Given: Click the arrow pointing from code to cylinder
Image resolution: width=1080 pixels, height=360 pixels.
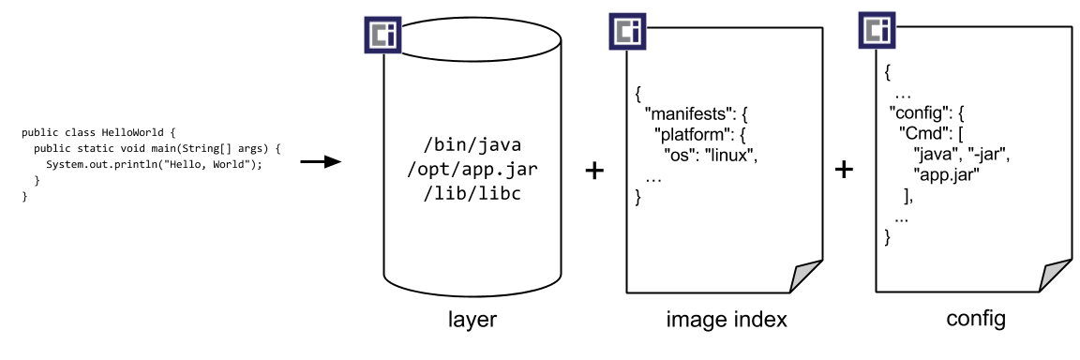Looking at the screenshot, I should coord(320,163).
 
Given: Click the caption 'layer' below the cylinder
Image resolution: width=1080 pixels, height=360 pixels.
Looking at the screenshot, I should coord(472,321).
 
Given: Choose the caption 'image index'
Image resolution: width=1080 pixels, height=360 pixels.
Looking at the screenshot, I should coord(727,321).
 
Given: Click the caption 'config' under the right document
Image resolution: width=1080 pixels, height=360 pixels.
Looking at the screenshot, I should coord(975,319).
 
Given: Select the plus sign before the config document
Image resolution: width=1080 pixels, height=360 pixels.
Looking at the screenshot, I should coord(844,170).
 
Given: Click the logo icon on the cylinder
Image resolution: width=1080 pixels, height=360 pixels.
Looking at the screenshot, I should coord(382,35).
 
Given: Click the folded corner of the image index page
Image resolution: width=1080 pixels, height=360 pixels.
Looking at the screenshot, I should coord(805,278).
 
